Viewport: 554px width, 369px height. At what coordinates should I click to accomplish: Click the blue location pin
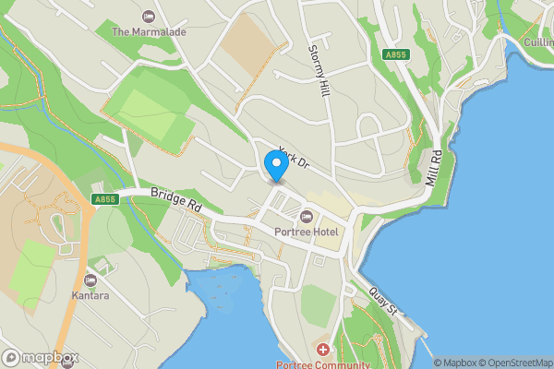tap(275, 165)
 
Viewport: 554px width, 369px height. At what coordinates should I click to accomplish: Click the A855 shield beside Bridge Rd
tap(104, 198)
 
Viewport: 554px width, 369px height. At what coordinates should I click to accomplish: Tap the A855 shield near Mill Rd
tap(395, 55)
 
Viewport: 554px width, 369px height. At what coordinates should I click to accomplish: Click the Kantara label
tap(90, 296)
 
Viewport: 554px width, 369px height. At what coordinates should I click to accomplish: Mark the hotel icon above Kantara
tap(90, 280)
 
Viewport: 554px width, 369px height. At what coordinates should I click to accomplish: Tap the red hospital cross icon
tap(322, 350)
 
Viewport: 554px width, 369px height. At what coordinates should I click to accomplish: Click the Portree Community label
tap(322, 364)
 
